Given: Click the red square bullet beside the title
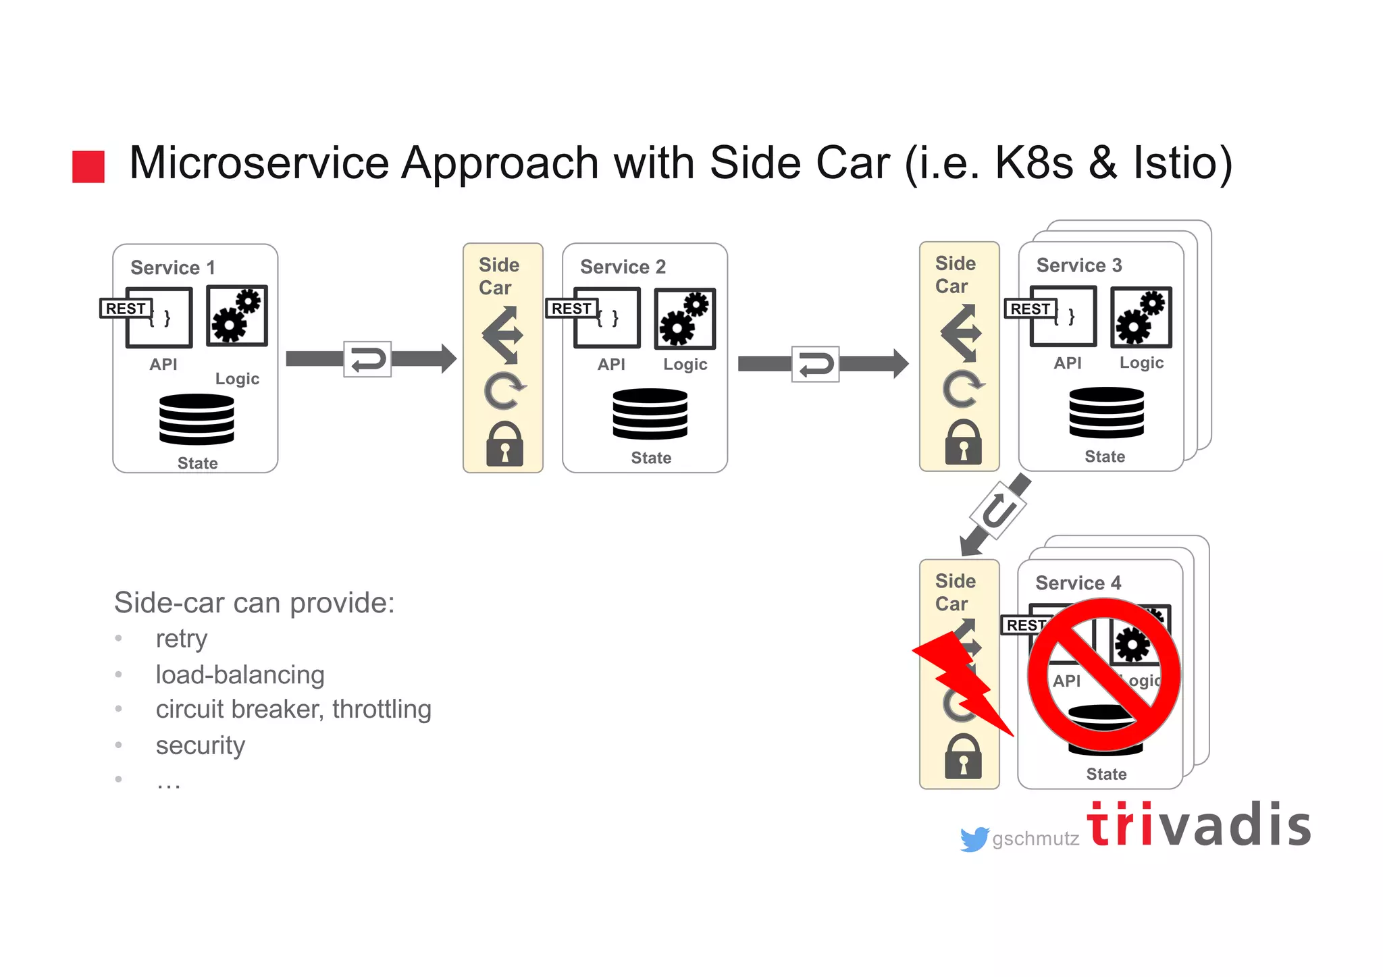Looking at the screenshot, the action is pyautogui.click(x=88, y=167).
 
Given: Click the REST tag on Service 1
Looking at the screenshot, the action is pyautogui.click(x=126, y=309).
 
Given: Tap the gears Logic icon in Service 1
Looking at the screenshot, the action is pyautogui.click(x=236, y=315).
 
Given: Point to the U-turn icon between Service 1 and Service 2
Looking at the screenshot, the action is pyautogui.click(x=367, y=359).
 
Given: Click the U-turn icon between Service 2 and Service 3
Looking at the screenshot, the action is pyautogui.click(x=815, y=365).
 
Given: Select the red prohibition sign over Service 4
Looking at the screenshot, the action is pyautogui.click(x=1103, y=675).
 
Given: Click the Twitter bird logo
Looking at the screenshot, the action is pyautogui.click(x=974, y=839).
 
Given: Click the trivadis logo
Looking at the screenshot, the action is pyautogui.click(x=1199, y=825).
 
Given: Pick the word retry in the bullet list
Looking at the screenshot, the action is pyautogui.click(x=181, y=639).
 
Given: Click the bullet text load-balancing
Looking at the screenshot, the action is pyautogui.click(x=240, y=675).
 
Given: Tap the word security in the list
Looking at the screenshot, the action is pyautogui.click(x=200, y=745).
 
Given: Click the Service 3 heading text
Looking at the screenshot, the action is pyautogui.click(x=1078, y=265).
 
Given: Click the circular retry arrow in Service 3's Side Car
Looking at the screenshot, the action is pyautogui.click(x=962, y=389).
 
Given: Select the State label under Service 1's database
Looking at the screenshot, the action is pyautogui.click(x=197, y=463).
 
